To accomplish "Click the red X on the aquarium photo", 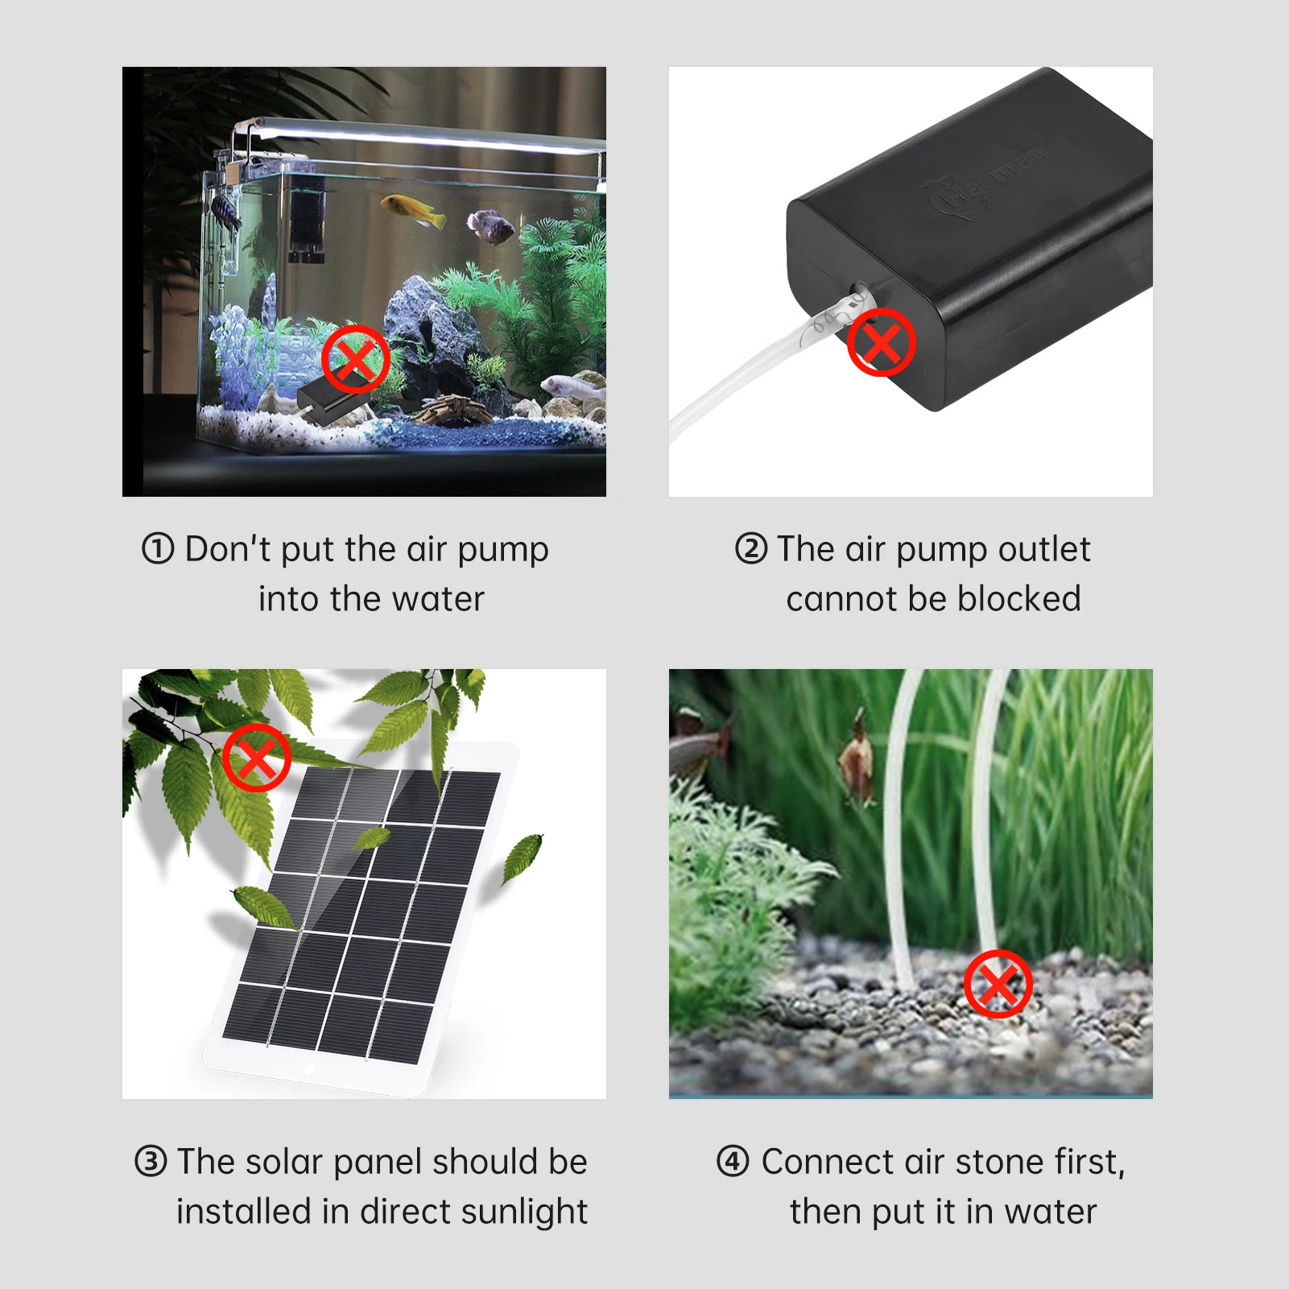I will pos(356,359).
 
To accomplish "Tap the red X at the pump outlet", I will pos(881,342).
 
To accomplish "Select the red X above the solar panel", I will pos(257,757).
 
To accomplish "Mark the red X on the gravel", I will pos(998,983).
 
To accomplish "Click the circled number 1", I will pos(158,549).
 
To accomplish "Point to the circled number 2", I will pos(750,549).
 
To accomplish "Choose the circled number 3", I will pos(151,1162).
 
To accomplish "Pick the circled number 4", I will pos(732,1162).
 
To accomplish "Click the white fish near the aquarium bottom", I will pos(572,386).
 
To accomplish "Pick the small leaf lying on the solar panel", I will pos(373,838).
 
